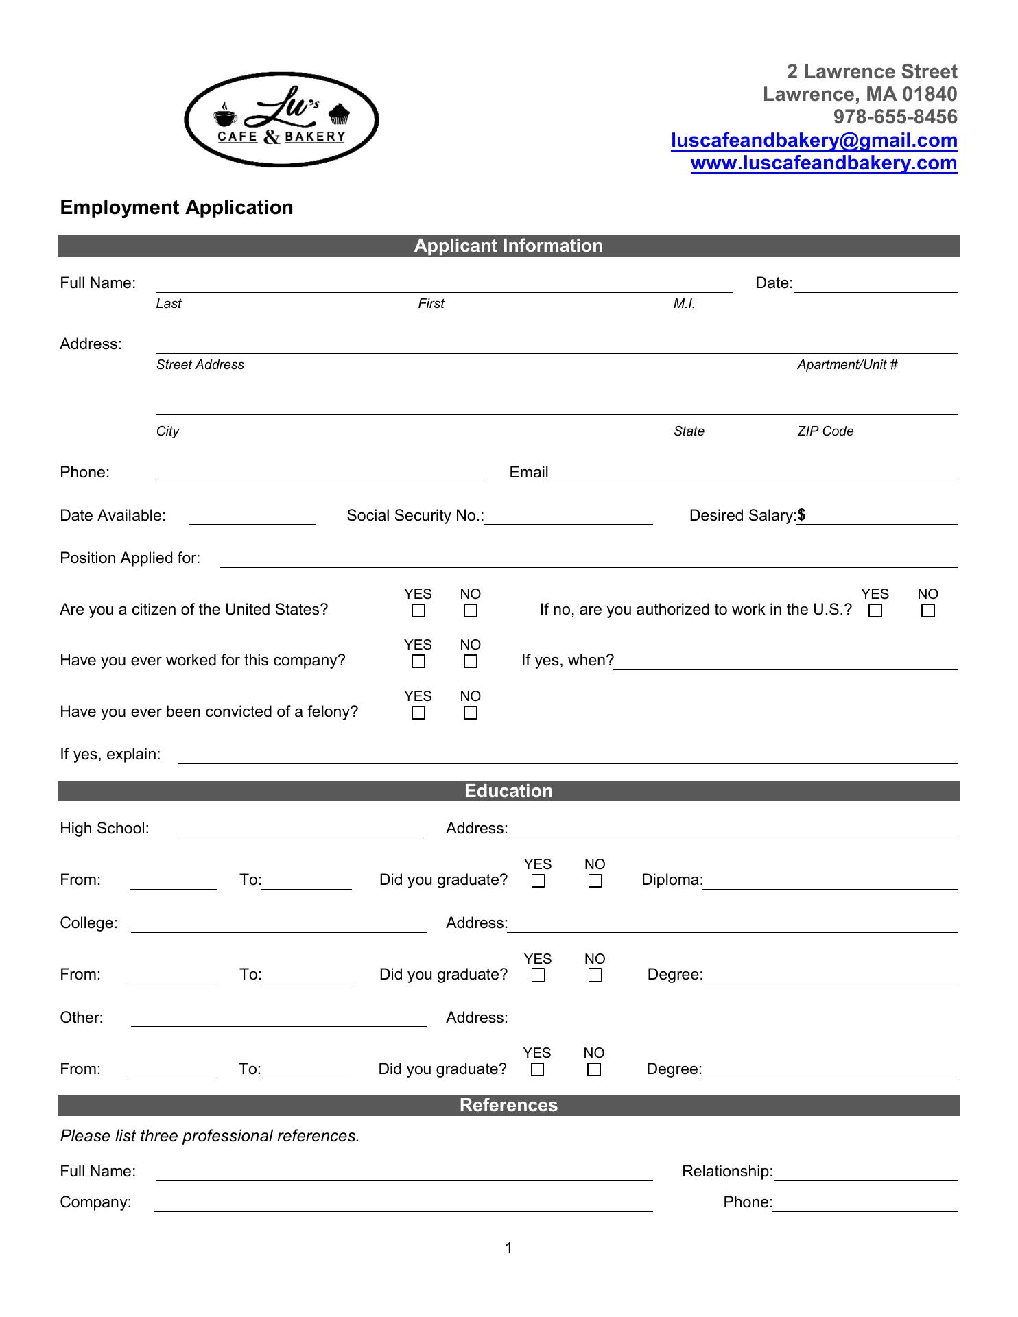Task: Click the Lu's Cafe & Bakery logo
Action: point(281,120)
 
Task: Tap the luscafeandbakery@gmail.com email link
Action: point(814,141)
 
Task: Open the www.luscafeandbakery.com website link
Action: point(823,163)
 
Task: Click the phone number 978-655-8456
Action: point(895,117)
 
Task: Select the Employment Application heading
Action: point(176,208)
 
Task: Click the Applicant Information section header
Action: point(508,246)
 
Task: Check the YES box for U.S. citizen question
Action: point(418,610)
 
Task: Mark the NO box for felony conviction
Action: point(471,713)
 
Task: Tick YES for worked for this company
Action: point(418,661)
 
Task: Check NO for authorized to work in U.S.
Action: point(927,610)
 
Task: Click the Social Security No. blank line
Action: point(568,517)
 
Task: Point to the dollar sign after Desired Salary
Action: point(801,515)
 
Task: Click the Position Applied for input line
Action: point(587,560)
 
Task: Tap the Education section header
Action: point(508,791)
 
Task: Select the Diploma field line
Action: point(829,881)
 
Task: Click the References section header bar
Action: point(508,1105)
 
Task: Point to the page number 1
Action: point(509,1248)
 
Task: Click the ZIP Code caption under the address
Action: point(825,431)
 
